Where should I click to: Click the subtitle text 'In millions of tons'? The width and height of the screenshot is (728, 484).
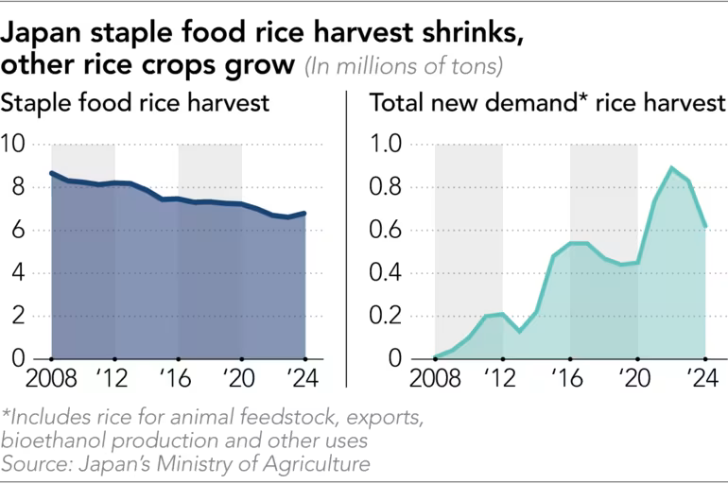pos(403,66)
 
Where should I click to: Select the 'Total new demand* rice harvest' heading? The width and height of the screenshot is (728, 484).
pos(546,103)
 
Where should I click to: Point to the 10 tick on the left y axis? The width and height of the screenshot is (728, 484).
pos(16,145)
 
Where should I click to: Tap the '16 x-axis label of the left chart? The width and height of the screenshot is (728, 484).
pos(178,380)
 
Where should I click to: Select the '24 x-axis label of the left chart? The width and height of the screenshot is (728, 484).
pos(305,380)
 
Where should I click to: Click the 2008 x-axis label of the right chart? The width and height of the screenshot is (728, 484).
pos(430,380)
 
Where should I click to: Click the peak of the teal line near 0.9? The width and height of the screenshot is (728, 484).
pos(671,168)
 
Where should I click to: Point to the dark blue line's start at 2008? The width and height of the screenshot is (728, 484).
pos(51,173)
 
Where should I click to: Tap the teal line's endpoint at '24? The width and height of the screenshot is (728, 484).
pos(705,226)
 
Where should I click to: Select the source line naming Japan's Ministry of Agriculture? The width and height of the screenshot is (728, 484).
pos(185,463)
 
